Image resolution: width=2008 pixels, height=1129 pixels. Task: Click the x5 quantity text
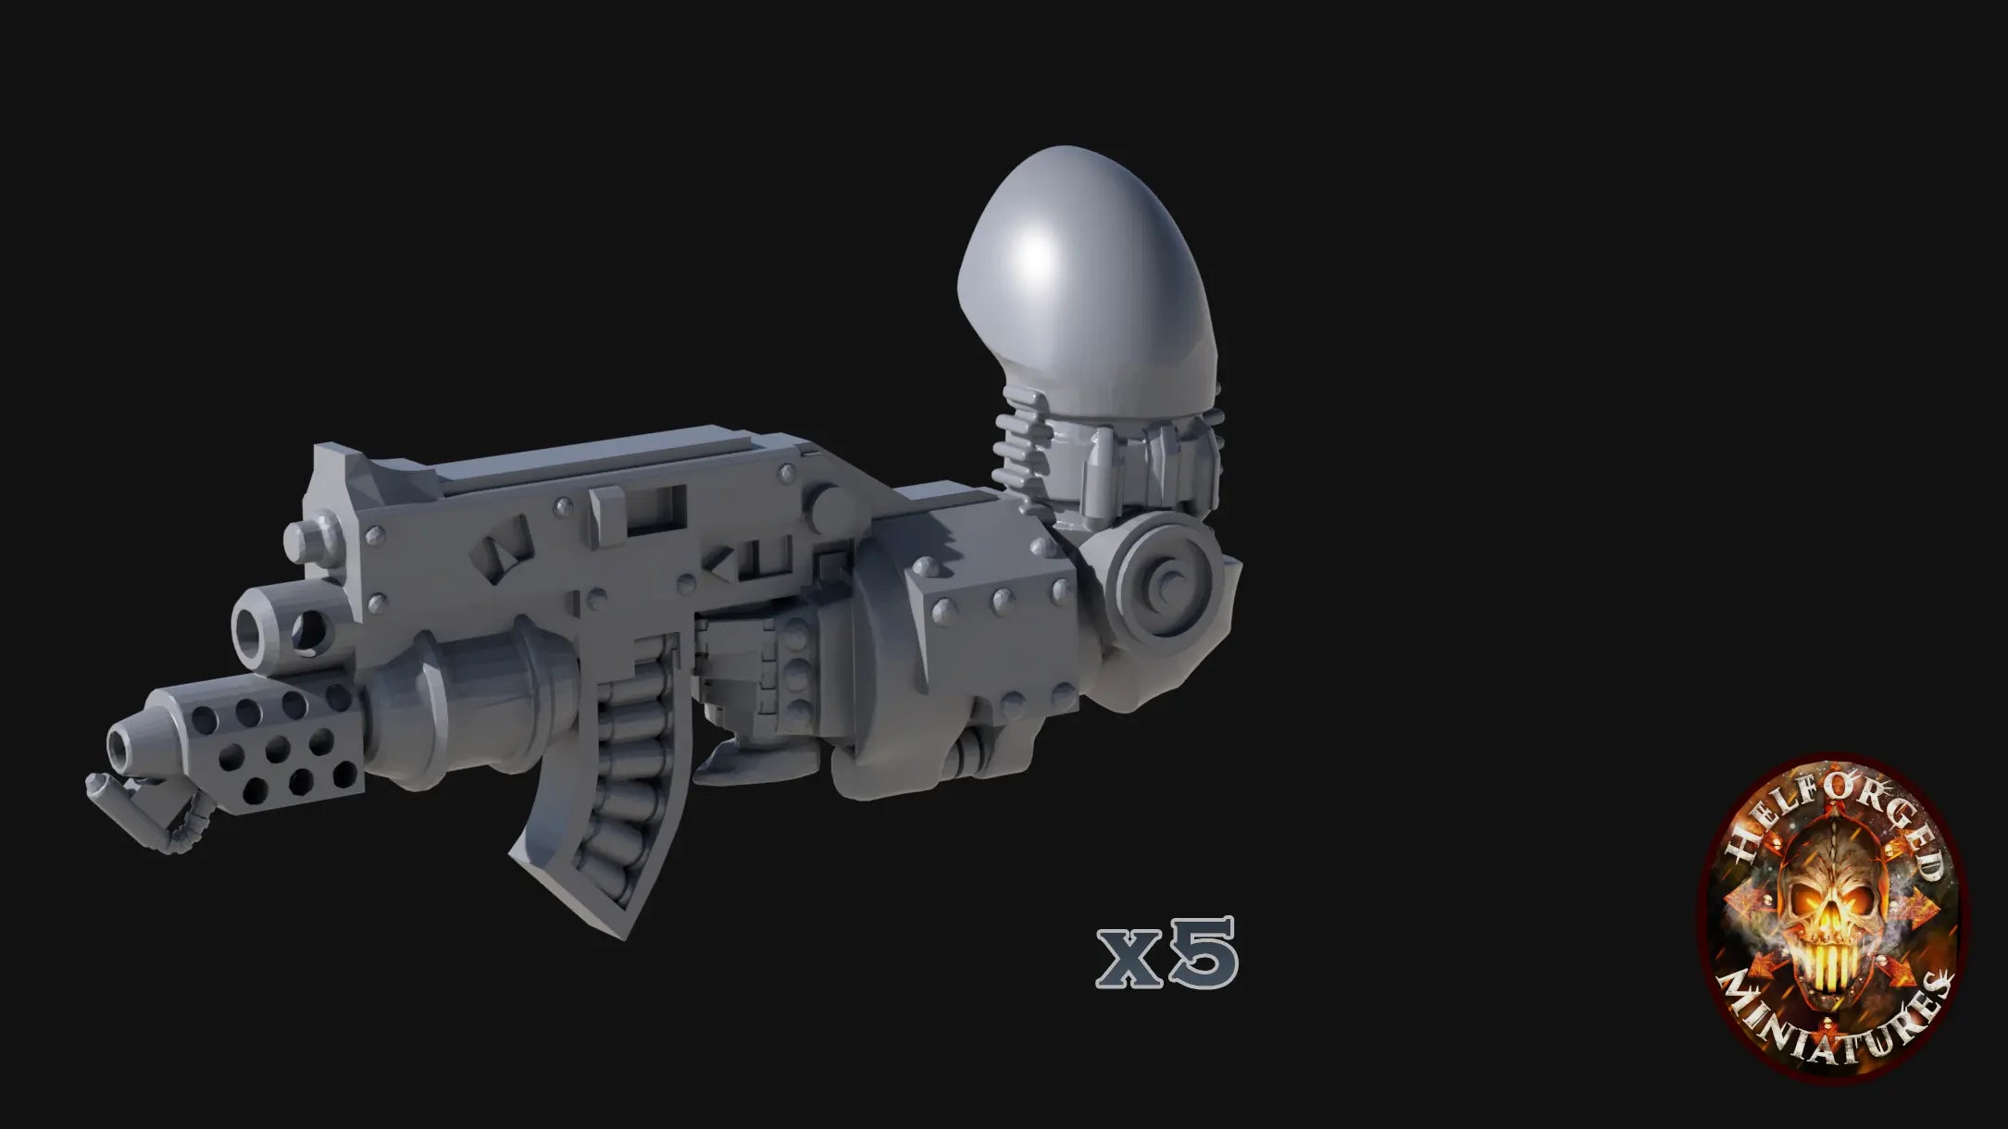click(x=1166, y=953)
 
